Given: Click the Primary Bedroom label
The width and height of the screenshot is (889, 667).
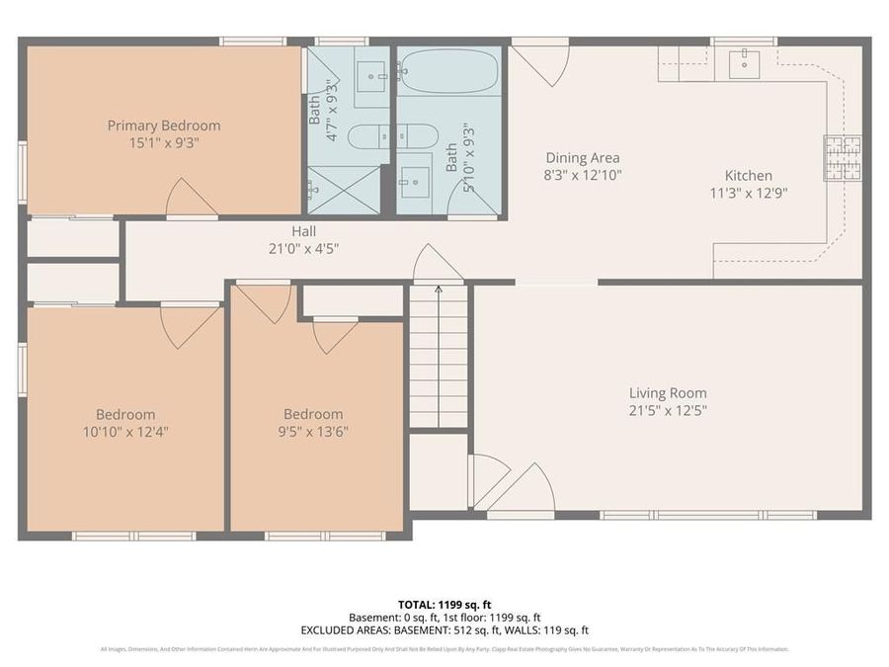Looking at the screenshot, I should click(164, 125).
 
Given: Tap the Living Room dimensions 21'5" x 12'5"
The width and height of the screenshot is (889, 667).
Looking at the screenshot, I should click(668, 410).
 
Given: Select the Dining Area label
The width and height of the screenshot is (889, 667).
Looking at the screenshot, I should click(583, 157).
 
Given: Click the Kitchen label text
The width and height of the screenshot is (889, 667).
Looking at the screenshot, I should click(748, 176).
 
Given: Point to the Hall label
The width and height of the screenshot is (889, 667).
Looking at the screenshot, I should click(303, 231).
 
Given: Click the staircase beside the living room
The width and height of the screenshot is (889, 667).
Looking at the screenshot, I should click(439, 356).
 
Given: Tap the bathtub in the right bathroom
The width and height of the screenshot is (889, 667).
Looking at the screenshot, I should click(449, 71).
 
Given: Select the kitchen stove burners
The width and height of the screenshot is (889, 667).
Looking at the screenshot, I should click(842, 158).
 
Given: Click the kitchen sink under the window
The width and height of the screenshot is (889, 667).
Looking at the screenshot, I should click(743, 64).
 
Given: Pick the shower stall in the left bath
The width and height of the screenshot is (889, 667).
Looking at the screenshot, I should click(343, 191).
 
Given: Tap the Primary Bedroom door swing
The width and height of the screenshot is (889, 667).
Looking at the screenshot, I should click(191, 200).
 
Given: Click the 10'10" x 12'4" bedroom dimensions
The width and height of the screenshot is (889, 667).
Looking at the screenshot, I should click(125, 431).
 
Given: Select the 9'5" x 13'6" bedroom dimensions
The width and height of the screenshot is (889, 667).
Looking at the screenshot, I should click(313, 431).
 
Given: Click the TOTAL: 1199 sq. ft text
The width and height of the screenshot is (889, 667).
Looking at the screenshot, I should click(444, 603).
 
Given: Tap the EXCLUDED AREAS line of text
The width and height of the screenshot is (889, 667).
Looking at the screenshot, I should click(444, 629).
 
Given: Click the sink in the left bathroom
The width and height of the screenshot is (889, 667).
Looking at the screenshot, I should click(371, 73).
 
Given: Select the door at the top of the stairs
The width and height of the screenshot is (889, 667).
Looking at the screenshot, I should click(438, 266).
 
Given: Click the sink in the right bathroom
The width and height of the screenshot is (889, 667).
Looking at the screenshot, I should click(415, 180).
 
